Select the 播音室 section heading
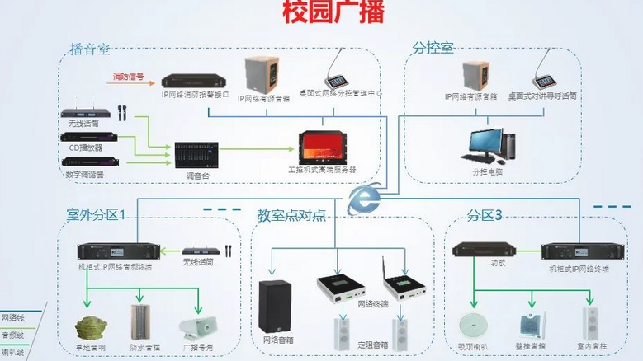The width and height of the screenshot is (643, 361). tap(90, 49)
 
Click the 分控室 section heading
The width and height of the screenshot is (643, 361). tap(433, 49)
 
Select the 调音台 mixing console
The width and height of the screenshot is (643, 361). tap(201, 154)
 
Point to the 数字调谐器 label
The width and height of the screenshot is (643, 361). tap(85, 175)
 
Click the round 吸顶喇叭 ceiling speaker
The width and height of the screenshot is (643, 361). tap(475, 323)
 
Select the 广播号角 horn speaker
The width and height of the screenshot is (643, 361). tap(196, 327)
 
